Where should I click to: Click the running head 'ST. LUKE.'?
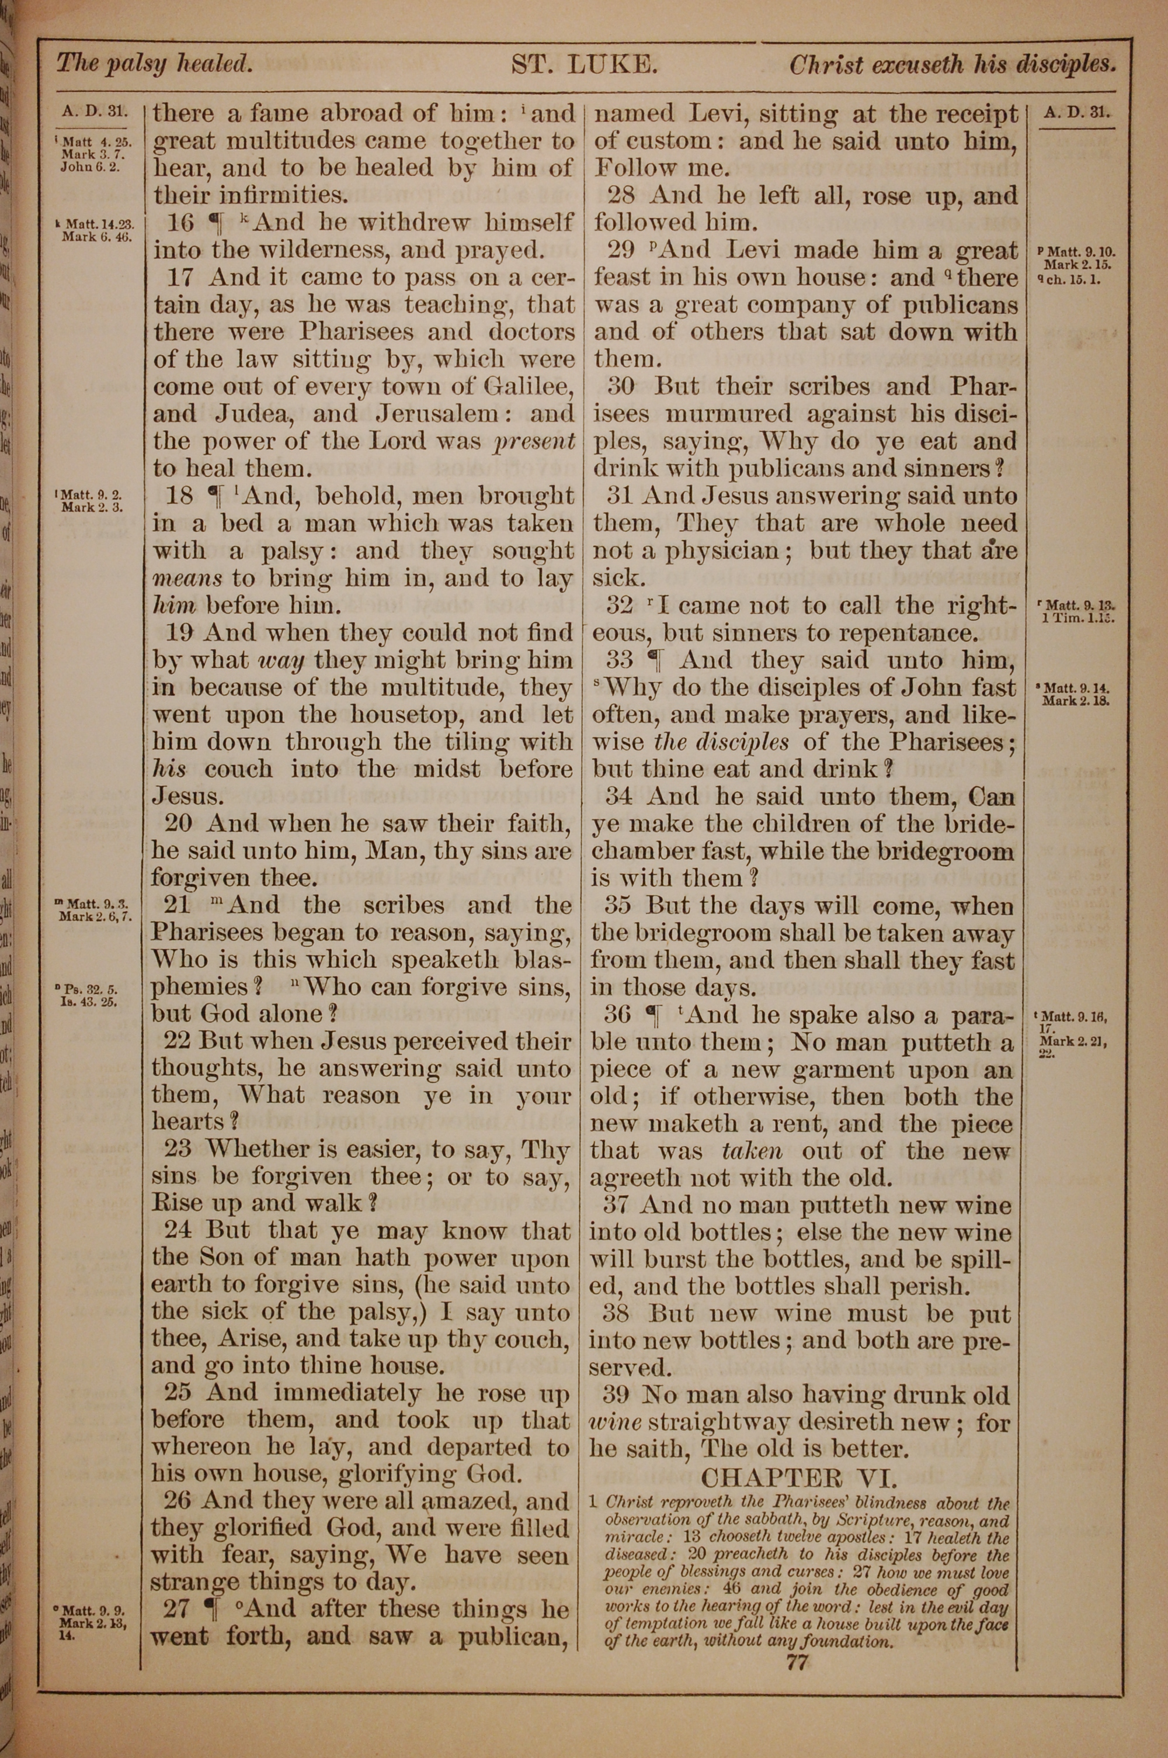coord(583,65)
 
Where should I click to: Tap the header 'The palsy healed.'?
coord(154,64)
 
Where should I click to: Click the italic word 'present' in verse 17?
coord(536,442)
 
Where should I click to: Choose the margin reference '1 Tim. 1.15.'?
coord(1077,618)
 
